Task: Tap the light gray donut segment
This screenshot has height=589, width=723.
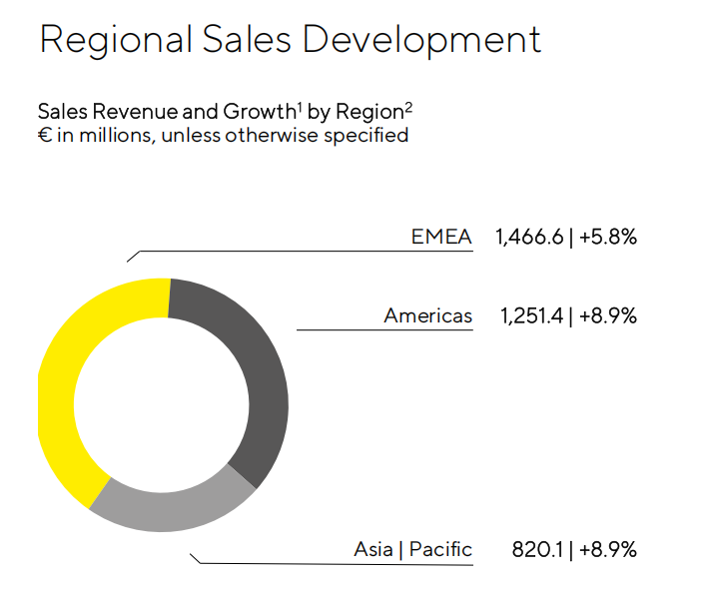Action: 170,509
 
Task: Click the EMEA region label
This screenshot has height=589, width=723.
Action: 441,237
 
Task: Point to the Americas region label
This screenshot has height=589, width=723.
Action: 427,316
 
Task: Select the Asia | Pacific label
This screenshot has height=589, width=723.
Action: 412,549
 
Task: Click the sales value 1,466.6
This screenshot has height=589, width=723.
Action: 529,237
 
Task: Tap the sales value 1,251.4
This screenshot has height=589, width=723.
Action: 532,316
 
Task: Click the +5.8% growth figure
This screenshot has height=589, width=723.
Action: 607,237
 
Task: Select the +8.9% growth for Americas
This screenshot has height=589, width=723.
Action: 607,316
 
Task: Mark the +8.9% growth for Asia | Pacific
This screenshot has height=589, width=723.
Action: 607,549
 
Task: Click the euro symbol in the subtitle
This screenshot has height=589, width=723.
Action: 44,135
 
